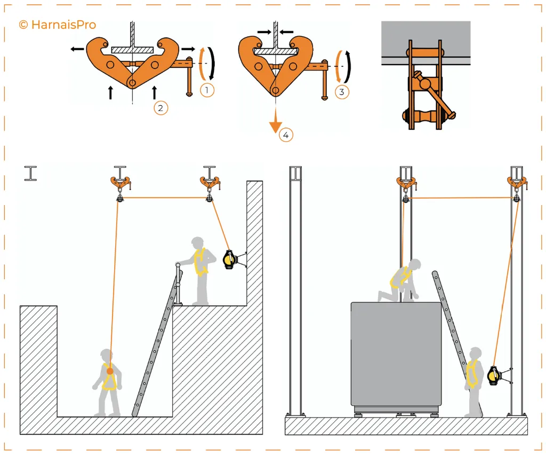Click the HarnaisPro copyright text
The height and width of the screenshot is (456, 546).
[x=57, y=25]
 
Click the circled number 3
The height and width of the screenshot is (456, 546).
[x=342, y=91]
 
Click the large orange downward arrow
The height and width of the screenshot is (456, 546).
[x=275, y=124]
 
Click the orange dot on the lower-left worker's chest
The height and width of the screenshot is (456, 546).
[x=110, y=371]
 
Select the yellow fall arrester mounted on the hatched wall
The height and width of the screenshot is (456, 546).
[x=229, y=259]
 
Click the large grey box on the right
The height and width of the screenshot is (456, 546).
[x=396, y=355]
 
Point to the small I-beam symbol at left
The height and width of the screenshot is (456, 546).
[x=31, y=174]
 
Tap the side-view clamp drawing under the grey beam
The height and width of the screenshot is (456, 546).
[x=425, y=85]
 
